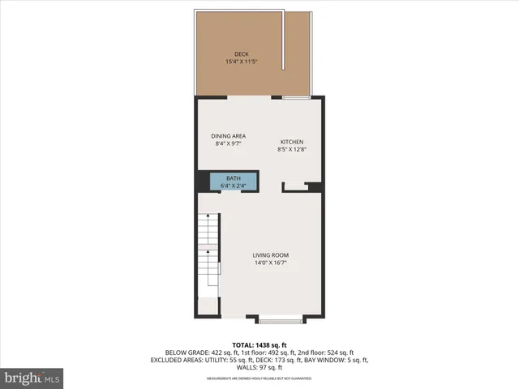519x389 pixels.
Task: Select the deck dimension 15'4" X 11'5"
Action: coord(242,62)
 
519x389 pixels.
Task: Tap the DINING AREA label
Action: coord(229,136)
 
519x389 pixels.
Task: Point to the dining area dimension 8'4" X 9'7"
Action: coord(229,143)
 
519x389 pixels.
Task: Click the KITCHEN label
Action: coord(292,142)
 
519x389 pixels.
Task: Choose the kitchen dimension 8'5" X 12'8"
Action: coord(292,149)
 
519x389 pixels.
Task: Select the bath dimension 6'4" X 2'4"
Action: coord(234,186)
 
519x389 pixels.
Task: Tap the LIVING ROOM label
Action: coord(270,255)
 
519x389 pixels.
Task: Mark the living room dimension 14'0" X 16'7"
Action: coord(270,263)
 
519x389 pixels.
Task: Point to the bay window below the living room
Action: coord(281,319)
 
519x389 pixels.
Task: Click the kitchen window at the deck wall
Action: coord(294,98)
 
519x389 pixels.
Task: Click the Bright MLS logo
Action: coord(32,378)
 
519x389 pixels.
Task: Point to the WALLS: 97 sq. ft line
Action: coord(259,367)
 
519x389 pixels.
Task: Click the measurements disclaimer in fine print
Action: coord(259,378)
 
